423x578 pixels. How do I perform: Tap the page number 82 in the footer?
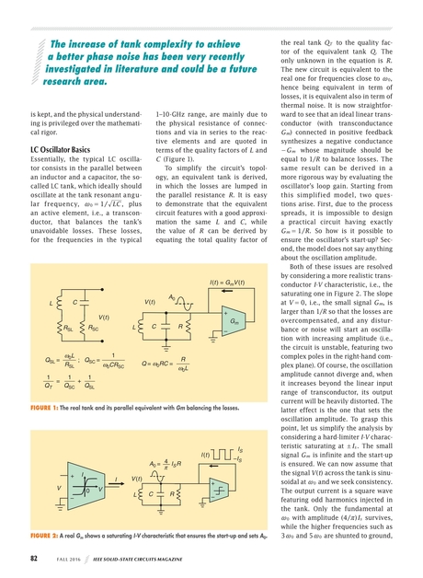[33, 557]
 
